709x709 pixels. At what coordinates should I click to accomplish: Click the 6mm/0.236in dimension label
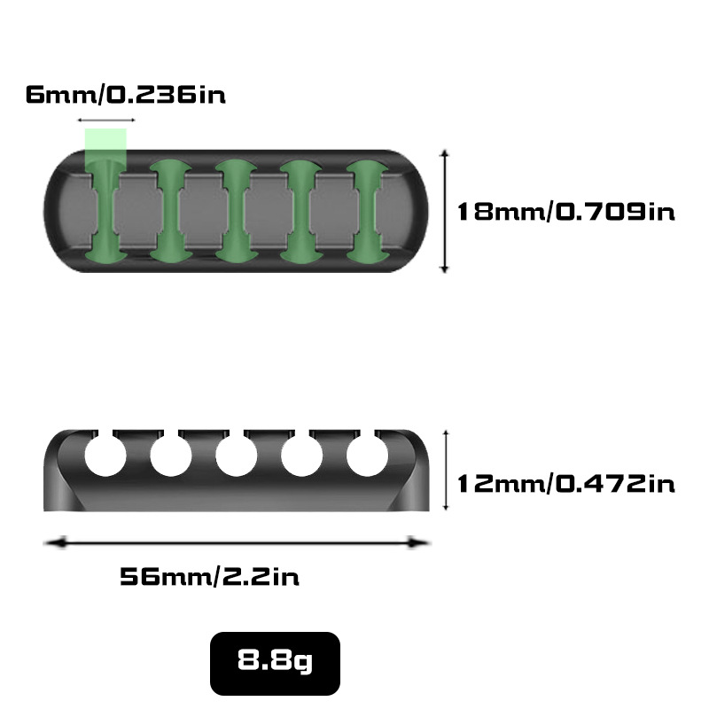[x=125, y=94]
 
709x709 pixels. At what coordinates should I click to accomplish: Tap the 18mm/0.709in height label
[x=565, y=212]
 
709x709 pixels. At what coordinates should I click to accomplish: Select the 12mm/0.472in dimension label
[x=565, y=483]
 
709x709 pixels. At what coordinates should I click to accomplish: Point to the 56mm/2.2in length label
[x=209, y=577]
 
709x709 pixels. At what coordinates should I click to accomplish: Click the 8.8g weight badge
[x=275, y=662]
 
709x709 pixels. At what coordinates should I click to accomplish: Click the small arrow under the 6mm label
[x=106, y=120]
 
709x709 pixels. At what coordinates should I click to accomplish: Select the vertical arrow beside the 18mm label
[x=445, y=211]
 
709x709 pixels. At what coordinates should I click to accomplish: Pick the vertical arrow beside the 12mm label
[x=445, y=471]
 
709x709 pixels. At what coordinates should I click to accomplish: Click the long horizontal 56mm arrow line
[x=238, y=541]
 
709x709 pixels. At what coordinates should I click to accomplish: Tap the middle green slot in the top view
[x=236, y=212]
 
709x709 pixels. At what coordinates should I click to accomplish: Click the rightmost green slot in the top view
[x=366, y=212]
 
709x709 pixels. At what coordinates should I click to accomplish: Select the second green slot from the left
[x=170, y=212]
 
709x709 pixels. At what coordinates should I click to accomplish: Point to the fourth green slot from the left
[x=300, y=212]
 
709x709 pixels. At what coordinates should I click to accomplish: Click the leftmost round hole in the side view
[x=105, y=456]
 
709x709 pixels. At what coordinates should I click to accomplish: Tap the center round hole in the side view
[x=236, y=456]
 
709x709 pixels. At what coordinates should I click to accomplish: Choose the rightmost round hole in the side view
[x=367, y=456]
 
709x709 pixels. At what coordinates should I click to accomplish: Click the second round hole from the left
[x=171, y=456]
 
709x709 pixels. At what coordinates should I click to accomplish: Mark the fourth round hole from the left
[x=301, y=456]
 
